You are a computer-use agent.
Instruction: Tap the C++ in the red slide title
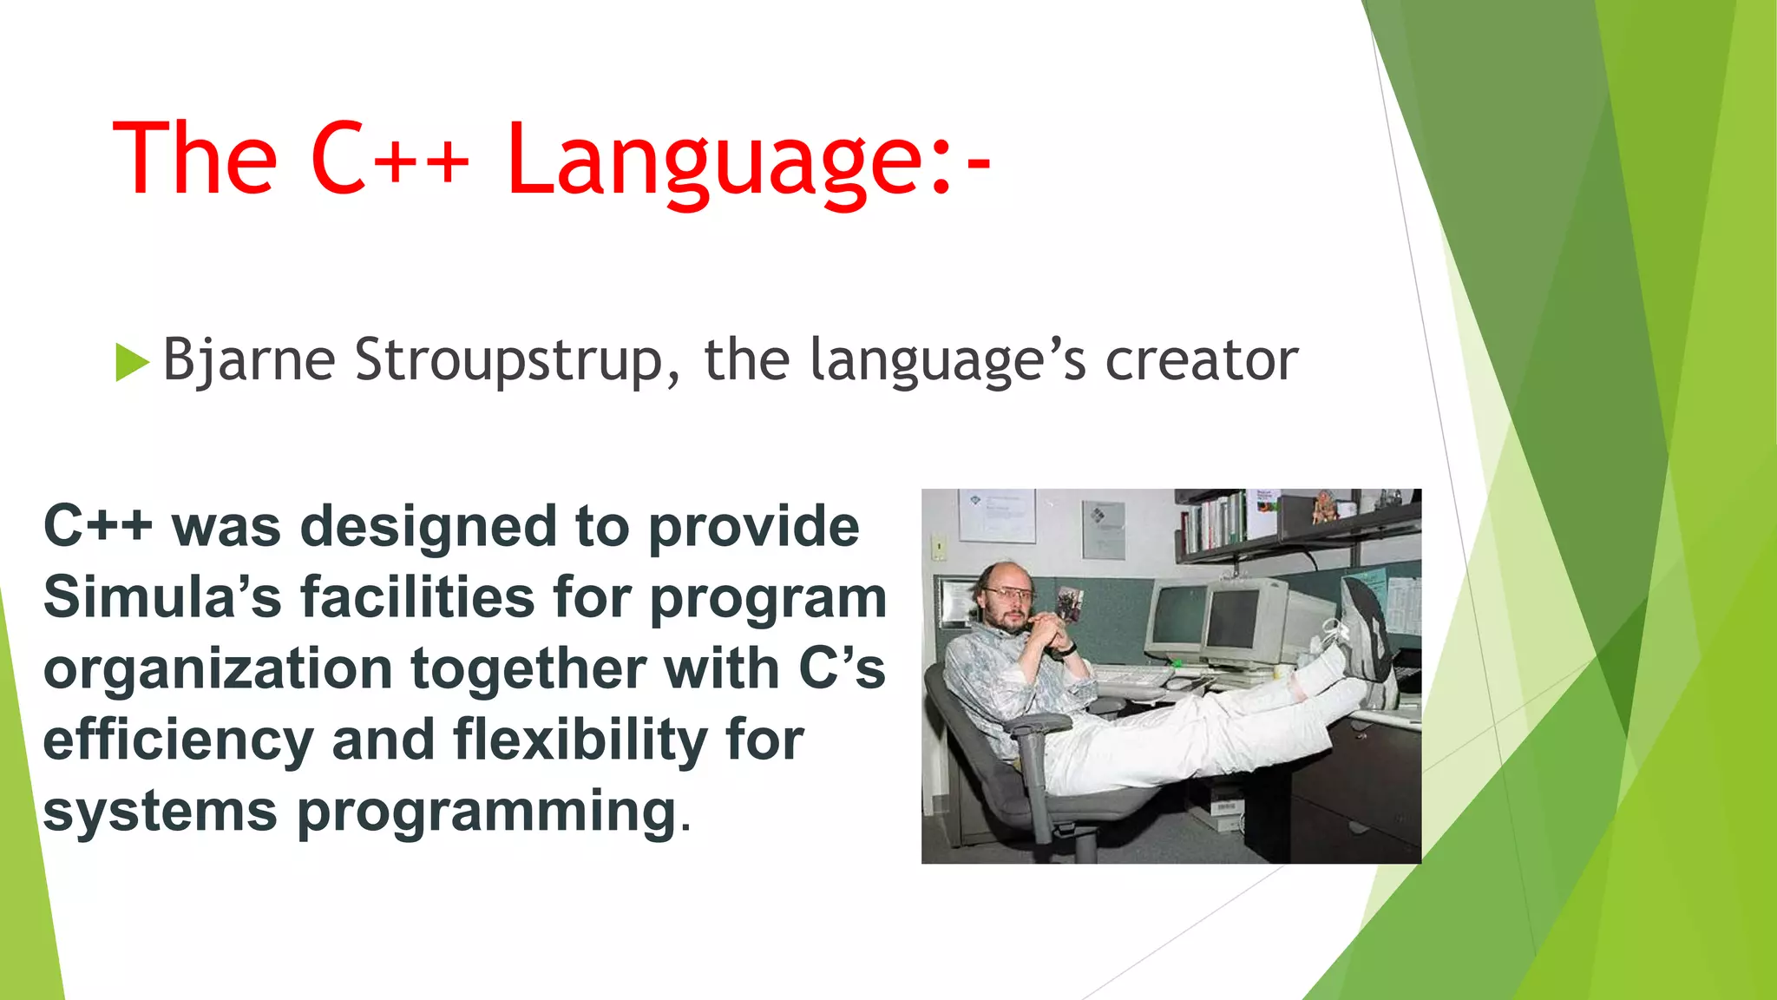389,160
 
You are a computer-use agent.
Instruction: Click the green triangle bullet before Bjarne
131,362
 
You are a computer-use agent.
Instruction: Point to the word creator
1201,360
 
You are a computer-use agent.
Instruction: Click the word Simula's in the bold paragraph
161,598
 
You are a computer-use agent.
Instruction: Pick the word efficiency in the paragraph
178,740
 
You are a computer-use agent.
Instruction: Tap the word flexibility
580,740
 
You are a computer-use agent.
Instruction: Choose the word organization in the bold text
218,669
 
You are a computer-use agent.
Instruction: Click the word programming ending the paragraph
487,812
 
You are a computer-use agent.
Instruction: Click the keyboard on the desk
1128,676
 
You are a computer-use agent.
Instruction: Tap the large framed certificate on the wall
996,514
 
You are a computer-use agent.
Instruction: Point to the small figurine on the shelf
1324,506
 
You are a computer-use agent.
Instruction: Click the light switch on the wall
939,547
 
